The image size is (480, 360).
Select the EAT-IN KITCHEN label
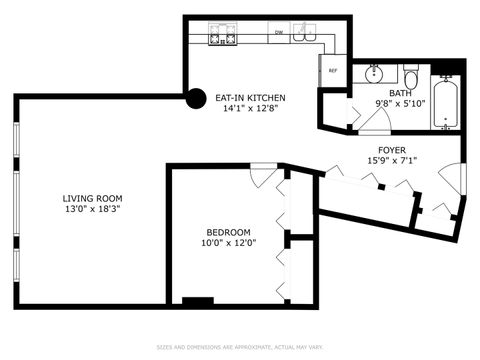point(250,97)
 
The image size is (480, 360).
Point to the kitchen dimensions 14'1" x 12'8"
point(250,109)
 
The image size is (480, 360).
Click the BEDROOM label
point(228,232)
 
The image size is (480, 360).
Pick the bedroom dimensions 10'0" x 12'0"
point(228,244)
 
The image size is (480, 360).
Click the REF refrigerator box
point(333,71)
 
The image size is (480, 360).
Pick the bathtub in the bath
point(445,104)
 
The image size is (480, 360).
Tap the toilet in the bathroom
point(410,78)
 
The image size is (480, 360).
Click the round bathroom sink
point(375,73)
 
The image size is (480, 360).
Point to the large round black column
point(197,99)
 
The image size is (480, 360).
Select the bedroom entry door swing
point(261,177)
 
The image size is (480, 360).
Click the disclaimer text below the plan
point(240,348)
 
